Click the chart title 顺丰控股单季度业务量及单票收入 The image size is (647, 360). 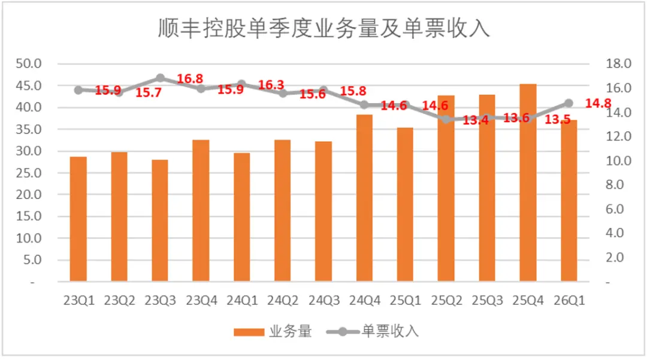pos(324,29)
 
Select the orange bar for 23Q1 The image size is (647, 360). pos(78,219)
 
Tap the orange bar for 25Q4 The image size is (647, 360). pos(528,183)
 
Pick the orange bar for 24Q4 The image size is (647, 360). pos(364,198)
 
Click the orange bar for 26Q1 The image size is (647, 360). pos(569,201)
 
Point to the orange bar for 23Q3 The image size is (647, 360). pos(160,220)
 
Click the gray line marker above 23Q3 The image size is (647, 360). pos(160,78)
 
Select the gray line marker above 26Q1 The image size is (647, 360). pos(569,103)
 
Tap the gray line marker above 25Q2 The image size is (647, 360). pos(446,120)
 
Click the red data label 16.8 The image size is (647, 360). pos(190,78)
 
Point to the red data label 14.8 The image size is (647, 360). pos(598,103)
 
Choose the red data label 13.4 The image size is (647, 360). pos(475,120)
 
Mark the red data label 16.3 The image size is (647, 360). pos(271,85)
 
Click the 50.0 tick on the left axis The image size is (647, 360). pos(29,63)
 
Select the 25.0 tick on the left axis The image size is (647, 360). pos(29,173)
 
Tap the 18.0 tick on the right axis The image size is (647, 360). pos(618,63)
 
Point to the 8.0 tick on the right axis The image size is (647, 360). pos(615,184)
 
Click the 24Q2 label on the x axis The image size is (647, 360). pos(283,301)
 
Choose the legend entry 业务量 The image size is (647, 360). pos(273,331)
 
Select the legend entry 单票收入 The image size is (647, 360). pos(373,331)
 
